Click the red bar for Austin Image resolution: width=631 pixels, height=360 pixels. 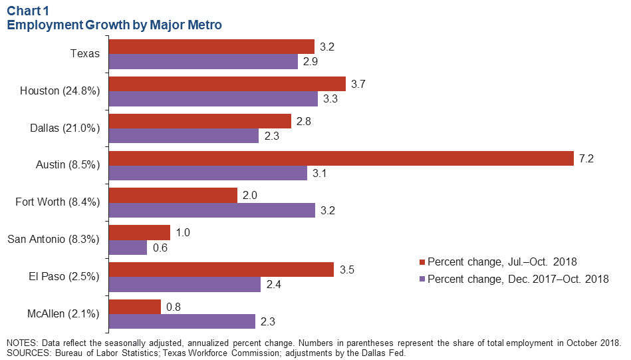(340, 158)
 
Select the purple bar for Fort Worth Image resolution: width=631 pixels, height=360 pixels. (211, 210)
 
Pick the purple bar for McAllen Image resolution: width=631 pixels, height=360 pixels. (182, 321)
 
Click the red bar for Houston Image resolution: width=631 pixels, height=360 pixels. (227, 83)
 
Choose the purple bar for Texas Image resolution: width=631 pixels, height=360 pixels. (203, 61)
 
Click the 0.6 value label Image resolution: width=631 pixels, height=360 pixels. (160, 248)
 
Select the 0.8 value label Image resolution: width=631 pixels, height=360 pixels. (174, 307)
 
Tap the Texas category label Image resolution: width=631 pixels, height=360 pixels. (85, 54)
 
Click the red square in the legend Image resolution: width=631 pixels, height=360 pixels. (422, 261)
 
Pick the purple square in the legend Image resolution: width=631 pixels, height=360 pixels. (422, 279)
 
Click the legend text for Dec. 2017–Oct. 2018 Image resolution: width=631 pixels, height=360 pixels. (518, 279)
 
